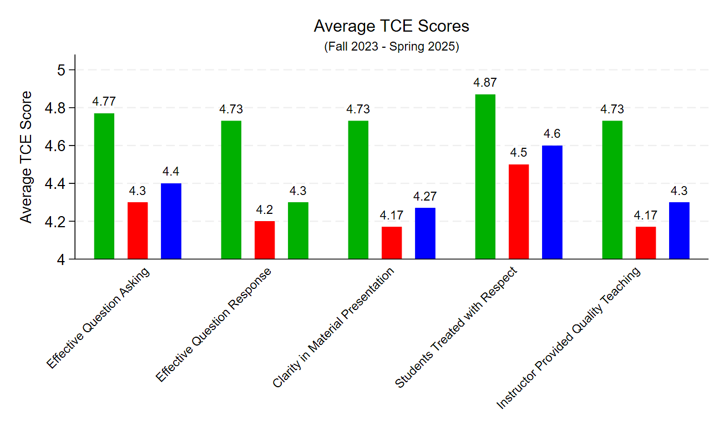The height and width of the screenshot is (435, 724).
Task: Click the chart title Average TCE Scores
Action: click(391, 26)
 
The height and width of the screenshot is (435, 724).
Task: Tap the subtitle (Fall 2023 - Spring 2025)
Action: click(391, 47)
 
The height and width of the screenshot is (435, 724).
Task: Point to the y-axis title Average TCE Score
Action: click(26, 157)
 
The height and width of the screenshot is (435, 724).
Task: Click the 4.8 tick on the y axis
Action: click(58, 108)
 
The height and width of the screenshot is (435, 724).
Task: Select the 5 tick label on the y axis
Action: click(62, 70)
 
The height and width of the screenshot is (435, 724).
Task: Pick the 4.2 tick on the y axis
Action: click(58, 222)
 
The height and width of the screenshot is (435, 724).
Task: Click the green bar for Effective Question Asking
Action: click(104, 186)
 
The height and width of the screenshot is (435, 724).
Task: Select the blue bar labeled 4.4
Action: click(171, 221)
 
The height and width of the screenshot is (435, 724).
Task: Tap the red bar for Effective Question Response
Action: click(265, 240)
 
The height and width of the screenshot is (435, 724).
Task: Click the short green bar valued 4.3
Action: click(298, 231)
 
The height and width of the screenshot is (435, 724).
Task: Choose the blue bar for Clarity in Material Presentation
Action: click(425, 233)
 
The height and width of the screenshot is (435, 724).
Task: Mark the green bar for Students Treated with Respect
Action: click(485, 177)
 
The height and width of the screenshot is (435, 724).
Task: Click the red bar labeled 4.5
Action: click(519, 212)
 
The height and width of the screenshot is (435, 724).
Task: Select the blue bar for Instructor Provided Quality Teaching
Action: click(679, 231)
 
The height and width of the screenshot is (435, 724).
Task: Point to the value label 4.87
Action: click(485, 83)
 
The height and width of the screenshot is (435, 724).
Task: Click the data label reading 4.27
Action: click(425, 196)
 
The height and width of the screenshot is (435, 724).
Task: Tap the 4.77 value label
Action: click(104, 102)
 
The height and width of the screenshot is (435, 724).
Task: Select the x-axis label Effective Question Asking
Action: click(98, 318)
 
